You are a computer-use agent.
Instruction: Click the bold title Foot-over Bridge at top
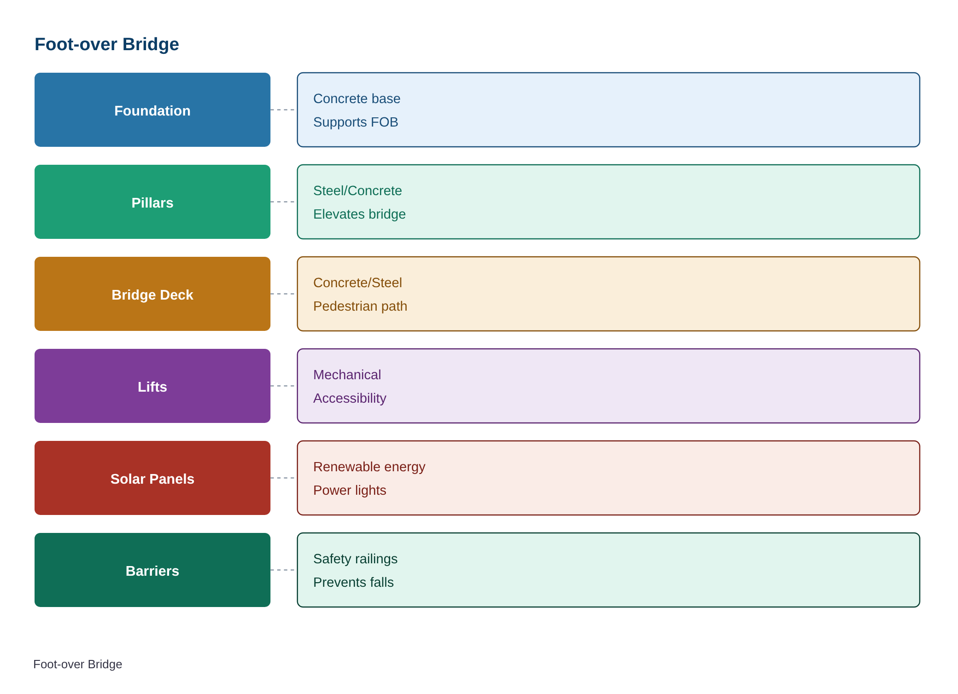pyautogui.click(x=107, y=44)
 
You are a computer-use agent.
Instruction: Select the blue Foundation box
pyautogui.click(x=152, y=110)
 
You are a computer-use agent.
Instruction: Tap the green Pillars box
pyautogui.click(x=152, y=202)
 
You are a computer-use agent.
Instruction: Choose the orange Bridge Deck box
pyautogui.click(x=152, y=294)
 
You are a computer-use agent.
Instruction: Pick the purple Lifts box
pyautogui.click(x=152, y=386)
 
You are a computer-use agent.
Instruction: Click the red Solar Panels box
pyautogui.click(x=152, y=478)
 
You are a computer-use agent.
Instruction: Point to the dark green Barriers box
pyautogui.click(x=152, y=570)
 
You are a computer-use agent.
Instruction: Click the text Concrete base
pyautogui.click(x=357, y=98)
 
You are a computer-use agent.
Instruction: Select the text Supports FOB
pyautogui.click(x=356, y=122)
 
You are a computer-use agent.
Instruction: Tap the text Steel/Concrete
pyautogui.click(x=357, y=191)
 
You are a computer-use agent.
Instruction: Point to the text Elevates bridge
pyautogui.click(x=359, y=214)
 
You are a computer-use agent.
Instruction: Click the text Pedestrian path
pyautogui.click(x=360, y=306)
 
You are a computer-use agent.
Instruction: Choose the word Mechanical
pyautogui.click(x=347, y=375)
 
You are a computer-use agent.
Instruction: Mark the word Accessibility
pyautogui.click(x=350, y=398)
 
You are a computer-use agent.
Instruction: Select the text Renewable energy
pyautogui.click(x=369, y=467)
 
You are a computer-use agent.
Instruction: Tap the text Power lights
pyautogui.click(x=350, y=490)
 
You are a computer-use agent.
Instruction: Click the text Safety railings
pyautogui.click(x=355, y=559)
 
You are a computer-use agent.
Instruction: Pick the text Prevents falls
pyautogui.click(x=353, y=582)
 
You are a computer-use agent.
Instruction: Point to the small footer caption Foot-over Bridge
pyautogui.click(x=78, y=664)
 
